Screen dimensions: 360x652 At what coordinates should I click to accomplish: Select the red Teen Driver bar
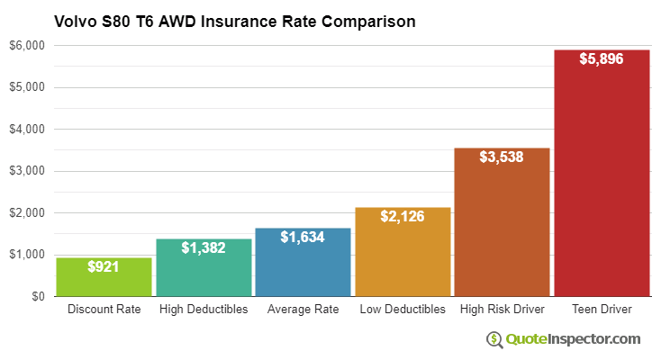tap(602, 180)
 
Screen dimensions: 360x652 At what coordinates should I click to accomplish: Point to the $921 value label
tap(104, 266)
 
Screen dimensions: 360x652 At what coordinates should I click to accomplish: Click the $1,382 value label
tap(204, 247)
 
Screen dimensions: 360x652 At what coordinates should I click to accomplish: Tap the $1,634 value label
tap(303, 237)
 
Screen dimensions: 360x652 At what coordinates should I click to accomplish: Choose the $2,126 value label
tap(403, 216)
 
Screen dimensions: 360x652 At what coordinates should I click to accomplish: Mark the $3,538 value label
tap(502, 157)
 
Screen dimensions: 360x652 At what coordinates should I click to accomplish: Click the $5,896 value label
tap(602, 58)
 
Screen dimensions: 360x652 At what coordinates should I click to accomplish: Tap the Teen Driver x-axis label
tap(602, 310)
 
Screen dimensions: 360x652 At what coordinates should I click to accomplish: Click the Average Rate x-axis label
tap(303, 310)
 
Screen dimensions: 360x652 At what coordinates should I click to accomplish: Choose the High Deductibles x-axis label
tap(204, 310)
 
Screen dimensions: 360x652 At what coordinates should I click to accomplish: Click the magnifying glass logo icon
tap(494, 339)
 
